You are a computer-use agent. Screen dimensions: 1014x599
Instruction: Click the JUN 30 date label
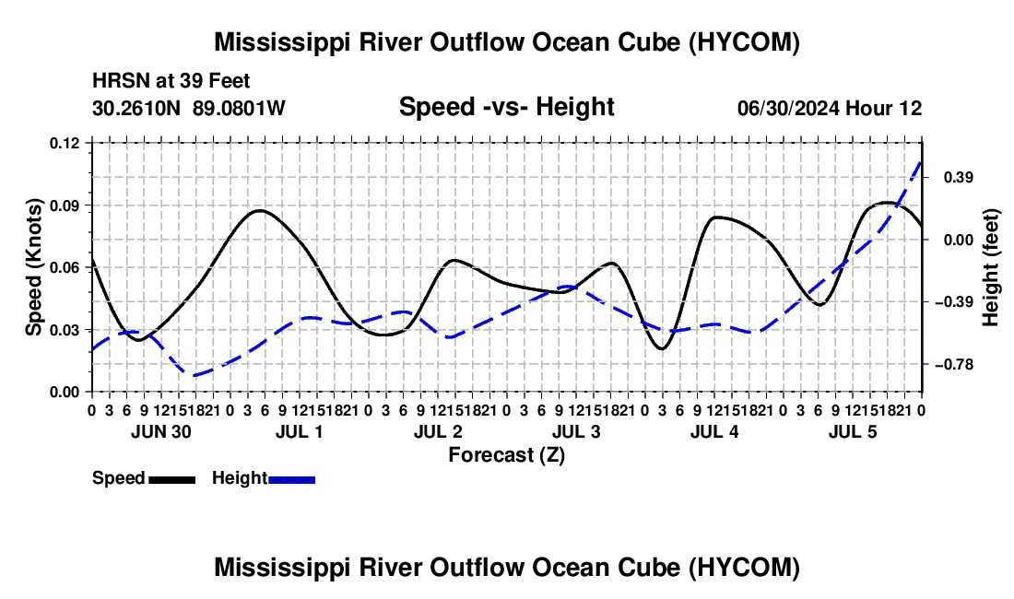(x=161, y=431)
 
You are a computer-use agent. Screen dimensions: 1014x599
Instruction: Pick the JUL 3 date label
(x=576, y=431)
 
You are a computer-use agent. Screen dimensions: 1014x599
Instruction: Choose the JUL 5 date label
(x=853, y=431)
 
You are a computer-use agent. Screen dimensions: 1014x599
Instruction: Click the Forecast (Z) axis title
(x=507, y=455)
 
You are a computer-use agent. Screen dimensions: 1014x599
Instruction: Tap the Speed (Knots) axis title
(x=33, y=267)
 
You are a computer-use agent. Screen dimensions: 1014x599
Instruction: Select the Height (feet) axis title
(x=990, y=267)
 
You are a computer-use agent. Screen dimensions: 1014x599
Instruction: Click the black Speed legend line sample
(x=172, y=479)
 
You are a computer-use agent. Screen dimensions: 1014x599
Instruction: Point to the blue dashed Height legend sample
(x=291, y=479)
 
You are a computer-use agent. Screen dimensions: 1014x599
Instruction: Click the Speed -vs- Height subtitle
(x=506, y=107)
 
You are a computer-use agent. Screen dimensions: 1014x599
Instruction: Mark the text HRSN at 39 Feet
(x=171, y=81)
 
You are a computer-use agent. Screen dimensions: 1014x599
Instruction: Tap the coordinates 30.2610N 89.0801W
(x=188, y=108)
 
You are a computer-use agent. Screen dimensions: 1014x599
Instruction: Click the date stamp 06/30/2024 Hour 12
(x=830, y=108)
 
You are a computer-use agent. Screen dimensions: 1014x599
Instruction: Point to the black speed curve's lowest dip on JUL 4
(x=662, y=349)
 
